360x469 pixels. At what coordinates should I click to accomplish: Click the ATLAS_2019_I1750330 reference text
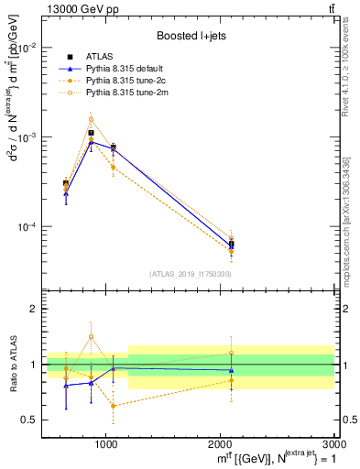click(x=191, y=274)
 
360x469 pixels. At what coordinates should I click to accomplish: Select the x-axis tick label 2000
click(x=221, y=443)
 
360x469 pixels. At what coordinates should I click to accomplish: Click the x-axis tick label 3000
click(x=334, y=443)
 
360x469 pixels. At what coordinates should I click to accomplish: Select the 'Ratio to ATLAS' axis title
click(x=11, y=365)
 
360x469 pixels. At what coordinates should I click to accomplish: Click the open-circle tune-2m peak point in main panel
click(x=91, y=119)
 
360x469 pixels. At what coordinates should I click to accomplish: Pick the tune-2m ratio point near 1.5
click(x=91, y=336)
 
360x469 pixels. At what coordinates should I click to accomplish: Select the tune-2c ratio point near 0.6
click(x=113, y=406)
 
